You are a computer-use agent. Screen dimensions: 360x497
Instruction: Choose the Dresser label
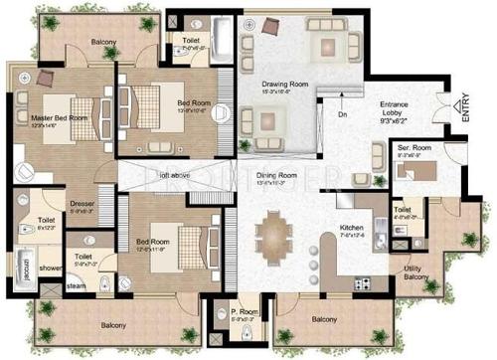[82, 206]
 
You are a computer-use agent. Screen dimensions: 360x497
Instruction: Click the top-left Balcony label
[103, 42]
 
